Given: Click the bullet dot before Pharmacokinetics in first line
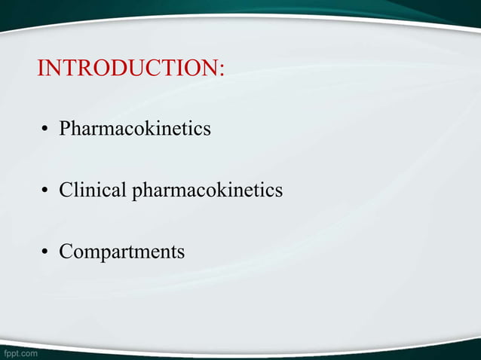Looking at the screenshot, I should (45, 130).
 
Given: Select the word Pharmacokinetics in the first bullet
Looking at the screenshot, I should (135, 129).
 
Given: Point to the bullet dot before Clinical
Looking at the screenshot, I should (45, 191).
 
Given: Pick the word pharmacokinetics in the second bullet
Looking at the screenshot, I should (207, 191).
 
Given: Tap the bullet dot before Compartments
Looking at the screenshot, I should (45, 252).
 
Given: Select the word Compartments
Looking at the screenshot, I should (121, 252).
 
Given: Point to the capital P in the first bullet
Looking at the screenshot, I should (65, 129).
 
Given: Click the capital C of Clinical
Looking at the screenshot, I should (66, 190).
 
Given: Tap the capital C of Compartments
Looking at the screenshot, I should (66, 251).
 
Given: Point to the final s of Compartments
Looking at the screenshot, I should (180, 252).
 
